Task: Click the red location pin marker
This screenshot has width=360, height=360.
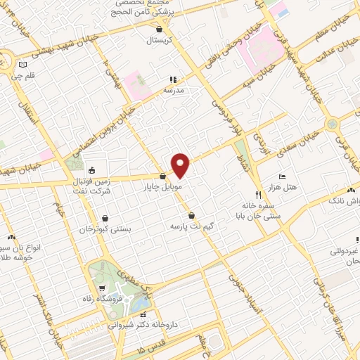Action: pyautogui.click(x=181, y=165)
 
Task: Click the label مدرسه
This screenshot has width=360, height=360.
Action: pyautogui.click(x=173, y=90)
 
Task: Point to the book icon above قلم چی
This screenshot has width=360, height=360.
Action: pyautogui.click(x=23, y=65)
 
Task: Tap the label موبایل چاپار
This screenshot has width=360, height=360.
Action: pyautogui.click(x=162, y=188)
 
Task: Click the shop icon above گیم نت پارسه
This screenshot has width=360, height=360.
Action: pyautogui.click(x=192, y=216)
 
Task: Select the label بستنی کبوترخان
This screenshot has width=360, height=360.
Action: pyautogui.click(x=105, y=230)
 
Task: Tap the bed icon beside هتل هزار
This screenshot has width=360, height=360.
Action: pyautogui.click(x=282, y=176)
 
